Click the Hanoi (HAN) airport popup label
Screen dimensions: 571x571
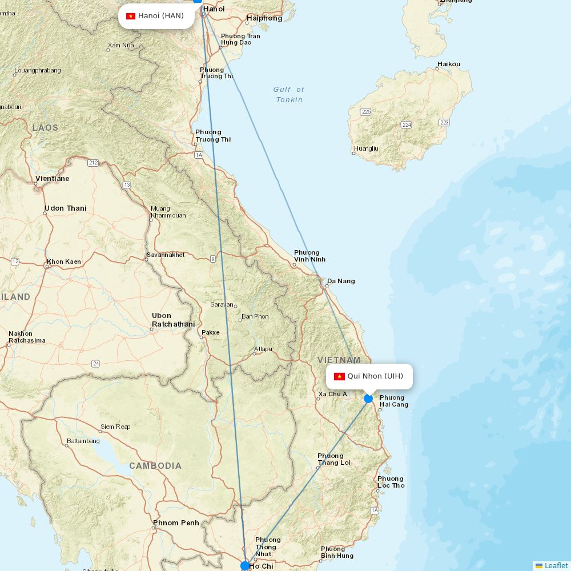click(156, 16)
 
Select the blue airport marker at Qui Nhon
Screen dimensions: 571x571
click(368, 399)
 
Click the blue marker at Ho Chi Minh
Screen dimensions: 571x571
click(245, 565)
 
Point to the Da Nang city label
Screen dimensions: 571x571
click(341, 281)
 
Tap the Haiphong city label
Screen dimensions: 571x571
click(264, 18)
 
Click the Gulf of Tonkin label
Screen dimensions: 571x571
click(289, 94)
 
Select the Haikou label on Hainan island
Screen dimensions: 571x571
click(449, 64)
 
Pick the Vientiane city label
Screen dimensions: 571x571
click(52, 179)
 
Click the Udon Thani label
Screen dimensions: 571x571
click(66, 208)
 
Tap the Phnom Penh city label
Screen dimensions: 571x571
click(176, 522)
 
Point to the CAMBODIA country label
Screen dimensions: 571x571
click(155, 466)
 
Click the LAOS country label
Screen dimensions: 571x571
click(45, 128)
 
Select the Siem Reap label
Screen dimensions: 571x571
click(115, 427)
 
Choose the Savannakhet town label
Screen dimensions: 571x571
click(166, 255)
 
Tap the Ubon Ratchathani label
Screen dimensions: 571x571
click(173, 320)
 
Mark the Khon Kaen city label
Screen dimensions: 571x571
click(64, 262)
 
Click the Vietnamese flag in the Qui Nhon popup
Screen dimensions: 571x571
click(339, 376)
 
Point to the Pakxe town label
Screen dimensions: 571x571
click(210, 332)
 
